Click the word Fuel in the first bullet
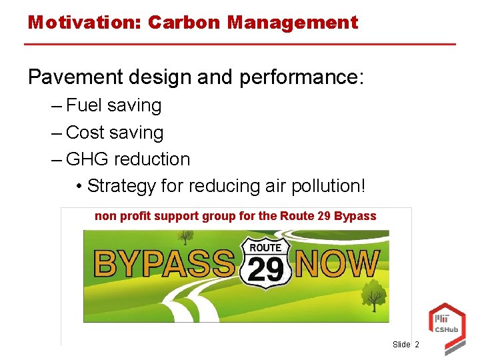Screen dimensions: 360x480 coord(85,105)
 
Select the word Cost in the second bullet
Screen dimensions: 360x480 coord(85,133)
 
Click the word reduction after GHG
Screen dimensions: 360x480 coord(152,159)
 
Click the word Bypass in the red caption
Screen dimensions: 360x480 coord(355,216)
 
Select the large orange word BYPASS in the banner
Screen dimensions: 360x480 coord(165,263)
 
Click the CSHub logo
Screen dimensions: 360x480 coord(445,323)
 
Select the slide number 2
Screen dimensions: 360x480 coord(417,345)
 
